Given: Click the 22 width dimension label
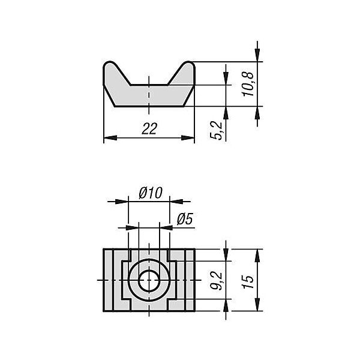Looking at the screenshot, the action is tap(149, 128).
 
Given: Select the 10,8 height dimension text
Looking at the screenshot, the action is tap(248, 84).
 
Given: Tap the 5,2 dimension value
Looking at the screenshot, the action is tap(216, 130).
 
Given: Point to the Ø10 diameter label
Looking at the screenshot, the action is tap(151, 193).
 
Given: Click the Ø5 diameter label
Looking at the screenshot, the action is tap(185, 219).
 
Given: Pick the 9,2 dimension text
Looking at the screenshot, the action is tap(216, 281).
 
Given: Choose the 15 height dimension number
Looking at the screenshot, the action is tap(248, 281).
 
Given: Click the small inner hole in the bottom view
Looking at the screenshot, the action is tap(149, 280).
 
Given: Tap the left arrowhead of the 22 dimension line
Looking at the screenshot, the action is tap(110, 138).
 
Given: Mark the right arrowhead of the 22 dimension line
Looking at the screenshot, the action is tap(188, 138).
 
